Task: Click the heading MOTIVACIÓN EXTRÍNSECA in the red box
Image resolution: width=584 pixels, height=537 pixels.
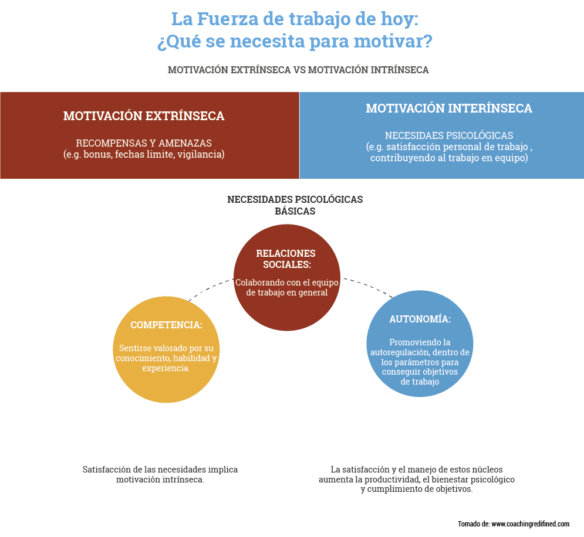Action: [144, 116]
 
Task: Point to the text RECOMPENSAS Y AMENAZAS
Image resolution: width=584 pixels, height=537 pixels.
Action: [144, 143]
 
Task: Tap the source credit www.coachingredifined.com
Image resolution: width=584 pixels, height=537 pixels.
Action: [531, 524]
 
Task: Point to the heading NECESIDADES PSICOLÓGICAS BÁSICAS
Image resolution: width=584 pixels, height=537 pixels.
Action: [295, 205]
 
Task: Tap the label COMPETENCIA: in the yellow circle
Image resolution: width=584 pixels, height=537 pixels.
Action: [166, 325]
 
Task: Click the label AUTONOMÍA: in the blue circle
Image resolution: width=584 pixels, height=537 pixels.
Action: [420, 320]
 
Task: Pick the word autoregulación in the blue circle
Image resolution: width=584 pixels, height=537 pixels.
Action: [400, 353]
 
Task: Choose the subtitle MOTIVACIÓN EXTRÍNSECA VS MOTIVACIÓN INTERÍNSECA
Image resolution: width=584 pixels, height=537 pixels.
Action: [298, 70]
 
